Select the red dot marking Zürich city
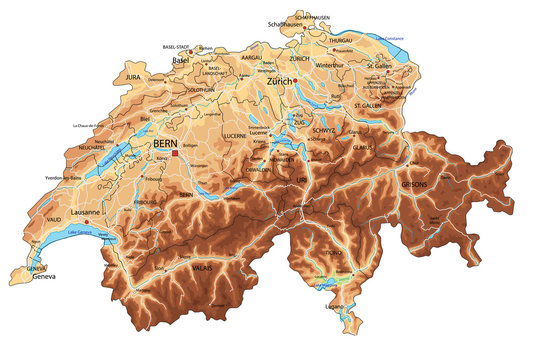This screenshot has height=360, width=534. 296,81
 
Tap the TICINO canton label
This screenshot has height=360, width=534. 330,255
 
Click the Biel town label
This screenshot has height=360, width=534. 144,117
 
